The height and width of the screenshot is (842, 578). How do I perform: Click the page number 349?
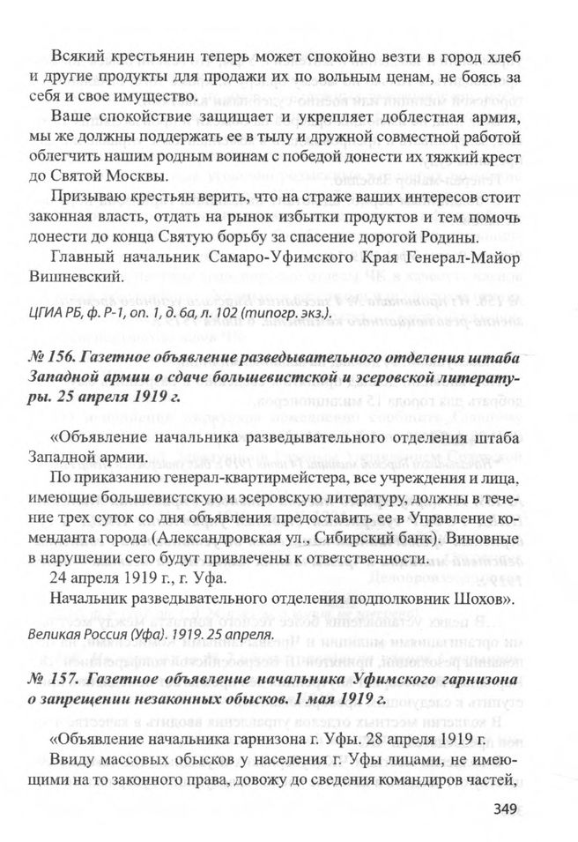click(x=511, y=809)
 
